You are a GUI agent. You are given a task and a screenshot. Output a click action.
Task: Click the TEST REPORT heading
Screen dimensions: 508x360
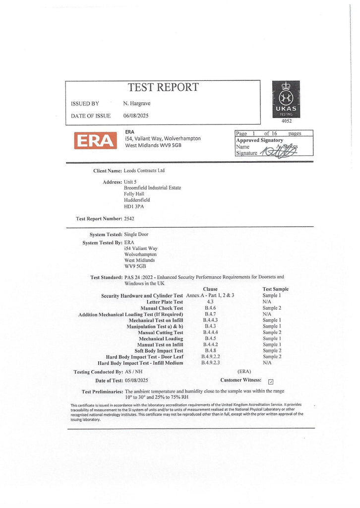163,88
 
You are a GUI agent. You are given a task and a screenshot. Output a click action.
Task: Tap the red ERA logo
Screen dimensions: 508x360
95,140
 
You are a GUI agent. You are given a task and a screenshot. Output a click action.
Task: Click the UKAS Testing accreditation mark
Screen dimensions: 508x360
286,99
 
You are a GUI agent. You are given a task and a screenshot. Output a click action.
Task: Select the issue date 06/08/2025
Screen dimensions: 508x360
136,116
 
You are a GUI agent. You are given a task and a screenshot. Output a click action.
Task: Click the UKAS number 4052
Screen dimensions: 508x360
287,121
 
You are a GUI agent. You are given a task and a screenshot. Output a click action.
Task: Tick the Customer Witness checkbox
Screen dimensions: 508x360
270,381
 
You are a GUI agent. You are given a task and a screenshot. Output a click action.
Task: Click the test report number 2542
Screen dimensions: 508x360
129,218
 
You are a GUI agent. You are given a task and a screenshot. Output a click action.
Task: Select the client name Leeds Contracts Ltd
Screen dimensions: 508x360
144,171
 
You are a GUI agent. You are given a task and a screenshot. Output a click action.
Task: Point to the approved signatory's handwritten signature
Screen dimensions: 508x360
278,152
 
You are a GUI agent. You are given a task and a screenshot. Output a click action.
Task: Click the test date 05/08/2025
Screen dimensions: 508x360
136,381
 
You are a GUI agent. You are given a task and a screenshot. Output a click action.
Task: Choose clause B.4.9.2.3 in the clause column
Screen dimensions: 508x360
210,363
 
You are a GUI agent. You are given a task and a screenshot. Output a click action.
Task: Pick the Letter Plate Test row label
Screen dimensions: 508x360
165,302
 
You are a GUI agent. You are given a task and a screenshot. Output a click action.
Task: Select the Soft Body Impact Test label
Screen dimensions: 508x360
159,351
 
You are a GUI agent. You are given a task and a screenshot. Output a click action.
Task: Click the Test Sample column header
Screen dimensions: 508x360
275,289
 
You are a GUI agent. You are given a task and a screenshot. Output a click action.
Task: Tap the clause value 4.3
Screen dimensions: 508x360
210,302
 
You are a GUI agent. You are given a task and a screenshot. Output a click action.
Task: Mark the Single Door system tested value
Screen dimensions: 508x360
136,234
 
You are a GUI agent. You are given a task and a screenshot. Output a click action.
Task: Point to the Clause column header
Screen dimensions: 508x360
210,289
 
